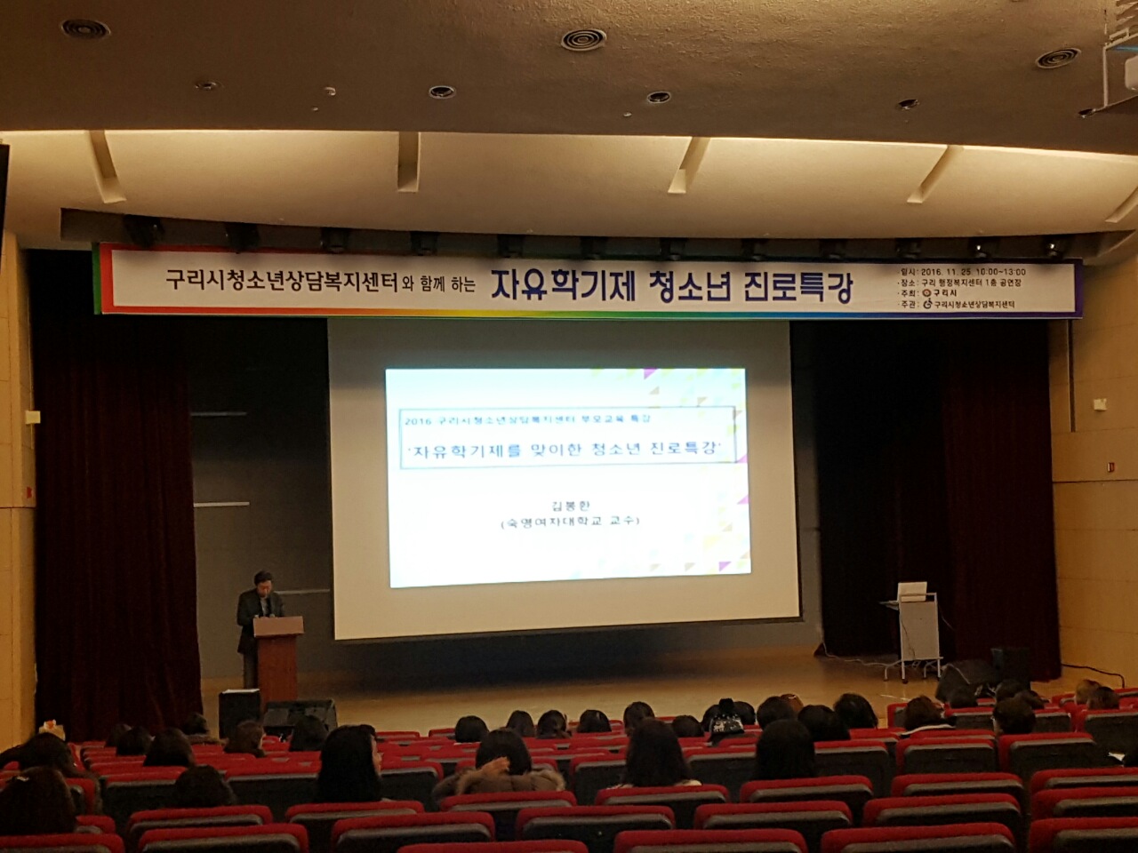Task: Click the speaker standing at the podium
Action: tap(260, 604)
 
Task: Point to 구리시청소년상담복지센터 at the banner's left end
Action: tap(281, 282)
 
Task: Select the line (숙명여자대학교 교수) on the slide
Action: tap(569, 522)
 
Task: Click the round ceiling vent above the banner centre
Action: tap(584, 38)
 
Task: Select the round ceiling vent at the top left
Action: tap(85, 28)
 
